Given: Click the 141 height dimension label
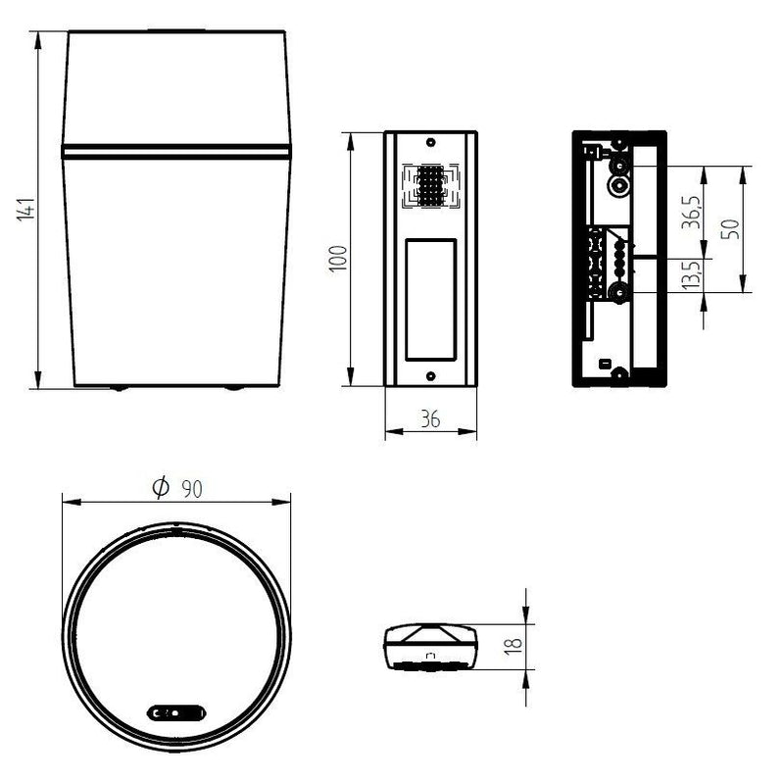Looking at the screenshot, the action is pyautogui.click(x=26, y=210).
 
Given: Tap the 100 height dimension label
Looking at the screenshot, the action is pyautogui.click(x=338, y=259).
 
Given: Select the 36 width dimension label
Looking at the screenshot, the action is pyautogui.click(x=430, y=419).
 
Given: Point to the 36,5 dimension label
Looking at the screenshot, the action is pyautogui.click(x=692, y=213).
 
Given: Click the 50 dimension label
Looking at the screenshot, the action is pyautogui.click(x=730, y=229).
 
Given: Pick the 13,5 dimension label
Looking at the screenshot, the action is pyautogui.click(x=692, y=274).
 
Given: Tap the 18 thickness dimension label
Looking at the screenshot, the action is pyautogui.click(x=513, y=645).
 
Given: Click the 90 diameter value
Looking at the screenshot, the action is pyautogui.click(x=192, y=489).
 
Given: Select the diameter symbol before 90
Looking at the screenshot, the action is pyautogui.click(x=161, y=487).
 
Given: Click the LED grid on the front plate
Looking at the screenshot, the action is pyautogui.click(x=431, y=185).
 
